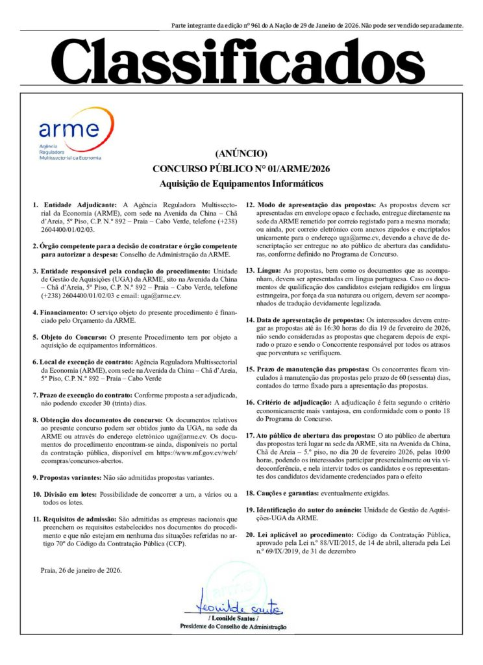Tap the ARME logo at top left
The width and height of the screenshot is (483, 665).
[69, 135]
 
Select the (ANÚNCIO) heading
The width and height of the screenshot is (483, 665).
[241, 154]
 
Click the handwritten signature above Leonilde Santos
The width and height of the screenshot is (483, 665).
[232, 608]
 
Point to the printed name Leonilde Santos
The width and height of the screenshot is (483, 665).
[232, 618]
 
